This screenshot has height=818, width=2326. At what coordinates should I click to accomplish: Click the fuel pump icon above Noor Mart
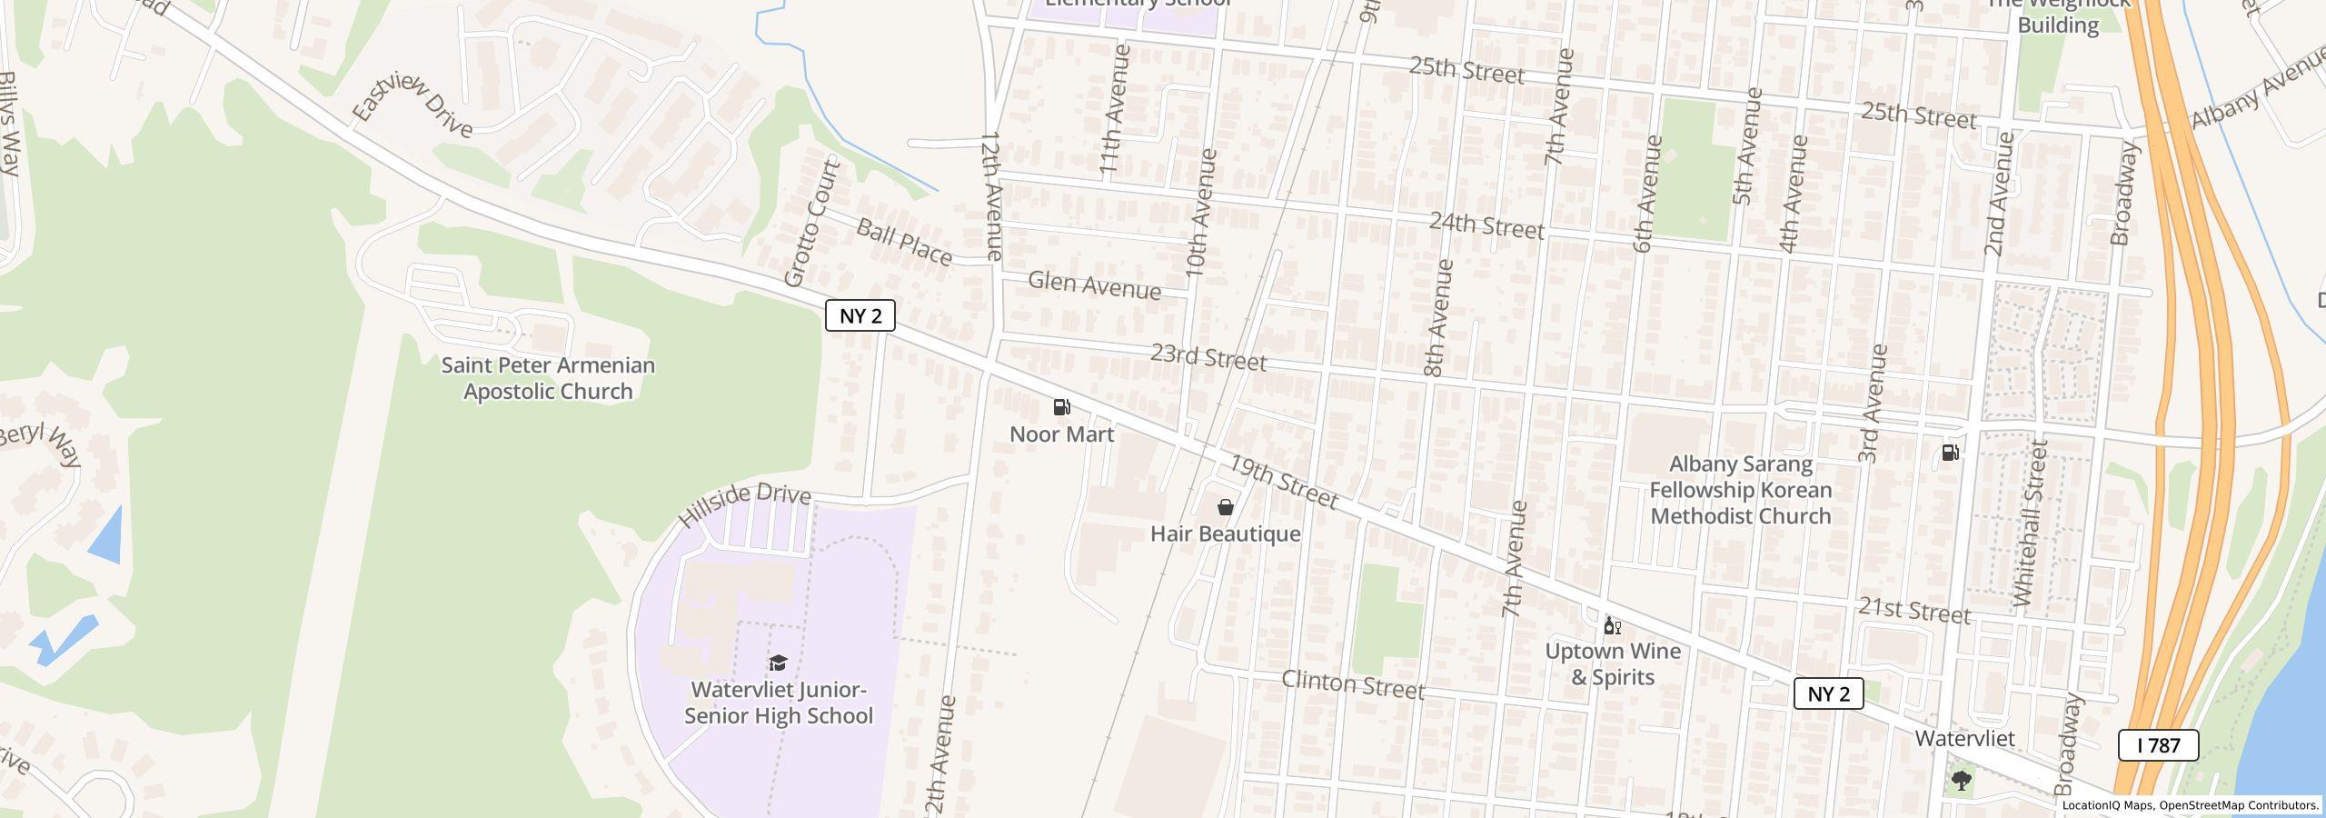click(1061, 407)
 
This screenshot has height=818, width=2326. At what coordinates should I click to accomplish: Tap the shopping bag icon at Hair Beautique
click(1225, 507)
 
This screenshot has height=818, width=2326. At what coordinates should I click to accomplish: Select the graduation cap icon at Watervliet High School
click(778, 663)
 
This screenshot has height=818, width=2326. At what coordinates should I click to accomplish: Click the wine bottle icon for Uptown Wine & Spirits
click(1612, 625)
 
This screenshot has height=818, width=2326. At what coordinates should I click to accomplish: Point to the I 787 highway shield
click(2158, 745)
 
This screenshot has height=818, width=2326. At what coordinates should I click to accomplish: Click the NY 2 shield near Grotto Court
click(860, 315)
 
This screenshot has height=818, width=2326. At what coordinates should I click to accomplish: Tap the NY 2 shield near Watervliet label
click(1828, 693)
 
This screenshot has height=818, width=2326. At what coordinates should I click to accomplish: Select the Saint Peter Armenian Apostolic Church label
click(548, 378)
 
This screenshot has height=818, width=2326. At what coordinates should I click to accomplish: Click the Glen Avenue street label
click(1094, 285)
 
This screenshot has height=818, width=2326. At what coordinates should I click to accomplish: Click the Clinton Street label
click(1353, 684)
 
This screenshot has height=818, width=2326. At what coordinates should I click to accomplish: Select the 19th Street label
click(1283, 482)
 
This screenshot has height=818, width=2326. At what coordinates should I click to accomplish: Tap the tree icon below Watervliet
click(1961, 780)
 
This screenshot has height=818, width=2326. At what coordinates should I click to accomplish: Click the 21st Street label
click(1913, 611)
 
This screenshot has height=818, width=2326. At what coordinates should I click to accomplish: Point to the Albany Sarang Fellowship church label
click(1740, 490)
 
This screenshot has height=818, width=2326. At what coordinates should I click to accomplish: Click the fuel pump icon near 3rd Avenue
click(1950, 452)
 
